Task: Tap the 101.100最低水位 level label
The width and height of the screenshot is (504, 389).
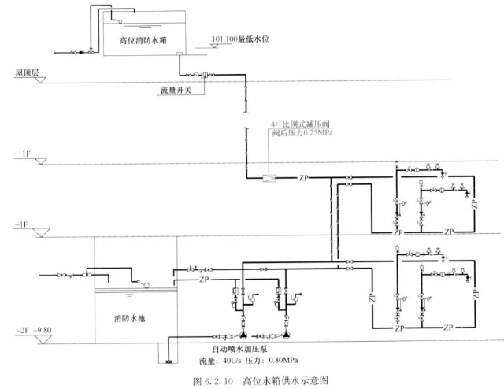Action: [242, 39]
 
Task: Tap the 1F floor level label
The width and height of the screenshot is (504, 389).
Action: [26, 158]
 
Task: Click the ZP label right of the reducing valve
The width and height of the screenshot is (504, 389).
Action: [304, 178]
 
